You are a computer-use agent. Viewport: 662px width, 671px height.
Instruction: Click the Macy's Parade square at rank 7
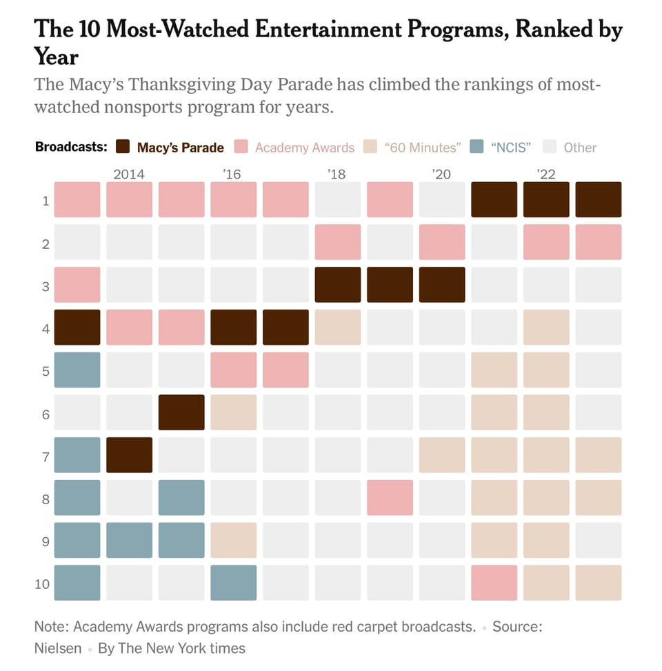pyautogui.click(x=129, y=455)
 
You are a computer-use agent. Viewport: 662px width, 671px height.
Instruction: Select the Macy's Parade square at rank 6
pyautogui.click(x=181, y=412)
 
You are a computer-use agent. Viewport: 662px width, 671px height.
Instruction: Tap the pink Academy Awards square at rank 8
pyautogui.click(x=390, y=497)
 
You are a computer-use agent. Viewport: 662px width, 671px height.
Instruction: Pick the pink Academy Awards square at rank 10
pyautogui.click(x=494, y=583)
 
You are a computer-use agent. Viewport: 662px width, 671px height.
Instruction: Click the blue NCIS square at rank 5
pyautogui.click(x=77, y=370)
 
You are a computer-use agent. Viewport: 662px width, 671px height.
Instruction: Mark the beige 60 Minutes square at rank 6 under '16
pyautogui.click(x=233, y=412)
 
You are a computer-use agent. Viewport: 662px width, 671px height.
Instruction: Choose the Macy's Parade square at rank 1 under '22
pyautogui.click(x=546, y=199)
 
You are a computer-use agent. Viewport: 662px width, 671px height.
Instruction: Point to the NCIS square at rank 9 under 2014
pyautogui.click(x=129, y=540)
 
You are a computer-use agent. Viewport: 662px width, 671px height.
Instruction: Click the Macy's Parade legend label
pyautogui.click(x=180, y=148)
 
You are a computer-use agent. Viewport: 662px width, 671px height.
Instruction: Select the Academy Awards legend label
pyautogui.click(x=304, y=148)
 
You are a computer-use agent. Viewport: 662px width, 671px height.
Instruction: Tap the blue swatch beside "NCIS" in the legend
pyautogui.click(x=477, y=147)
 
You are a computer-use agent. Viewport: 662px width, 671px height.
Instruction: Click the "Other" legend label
pyautogui.click(x=580, y=148)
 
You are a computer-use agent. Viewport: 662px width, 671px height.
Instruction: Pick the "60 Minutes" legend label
pyautogui.click(x=422, y=148)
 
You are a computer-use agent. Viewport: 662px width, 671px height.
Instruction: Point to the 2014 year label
pyautogui.click(x=129, y=174)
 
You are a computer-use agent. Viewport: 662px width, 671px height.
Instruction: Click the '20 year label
pyautogui.click(x=441, y=174)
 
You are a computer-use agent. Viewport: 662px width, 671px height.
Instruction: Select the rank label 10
pyautogui.click(x=43, y=583)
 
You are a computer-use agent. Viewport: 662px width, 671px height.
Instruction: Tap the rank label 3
pyautogui.click(x=46, y=285)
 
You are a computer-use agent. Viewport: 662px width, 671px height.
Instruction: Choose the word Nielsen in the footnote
pyautogui.click(x=57, y=648)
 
